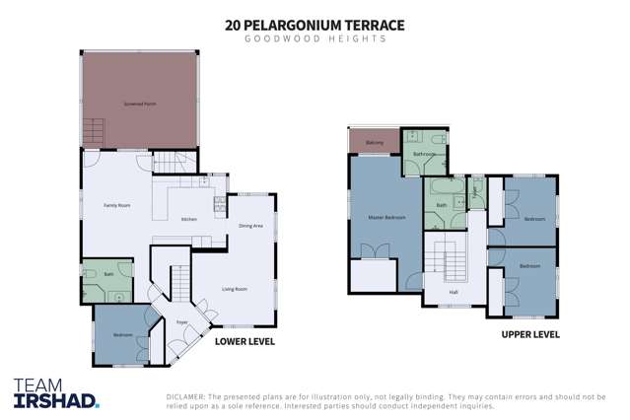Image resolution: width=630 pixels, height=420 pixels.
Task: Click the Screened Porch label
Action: coord(139,103)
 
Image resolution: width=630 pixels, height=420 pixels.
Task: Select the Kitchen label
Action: coord(189,219)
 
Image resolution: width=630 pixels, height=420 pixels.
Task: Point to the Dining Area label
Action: coord(250,226)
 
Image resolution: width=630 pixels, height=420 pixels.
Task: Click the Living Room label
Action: coord(234,289)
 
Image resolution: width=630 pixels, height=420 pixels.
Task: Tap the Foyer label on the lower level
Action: coord(182,322)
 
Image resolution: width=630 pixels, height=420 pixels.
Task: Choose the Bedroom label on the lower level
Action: coord(122,335)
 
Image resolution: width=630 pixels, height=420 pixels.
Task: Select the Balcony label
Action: coord(375,144)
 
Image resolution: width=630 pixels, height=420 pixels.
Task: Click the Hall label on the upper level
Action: coord(454,293)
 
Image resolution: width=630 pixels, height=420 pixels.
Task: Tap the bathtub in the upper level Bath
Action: coord(443,187)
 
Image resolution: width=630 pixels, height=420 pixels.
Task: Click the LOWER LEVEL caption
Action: coord(245,341)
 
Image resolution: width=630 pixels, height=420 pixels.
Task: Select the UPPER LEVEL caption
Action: coord(530,334)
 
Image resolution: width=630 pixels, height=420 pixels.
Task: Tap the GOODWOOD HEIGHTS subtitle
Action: coord(315,40)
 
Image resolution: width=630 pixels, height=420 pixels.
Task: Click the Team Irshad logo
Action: coord(56,392)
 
